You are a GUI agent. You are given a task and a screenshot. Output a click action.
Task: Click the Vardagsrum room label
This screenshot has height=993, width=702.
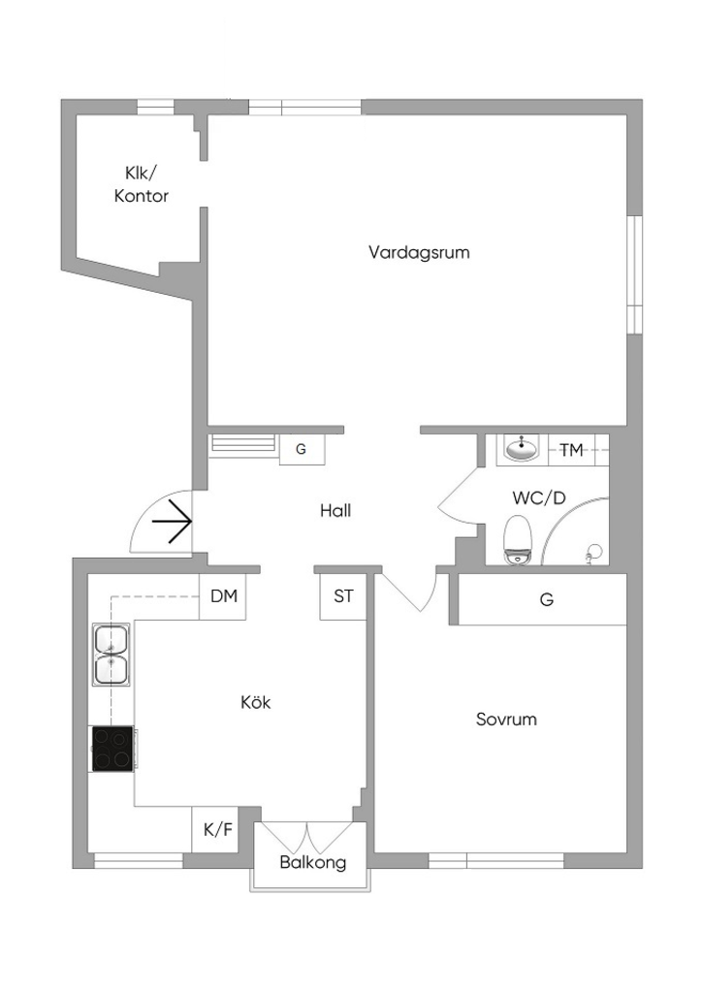(419, 252)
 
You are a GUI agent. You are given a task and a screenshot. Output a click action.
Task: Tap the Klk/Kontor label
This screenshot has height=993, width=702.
(142, 184)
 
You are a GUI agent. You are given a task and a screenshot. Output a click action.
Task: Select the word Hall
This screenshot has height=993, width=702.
(335, 510)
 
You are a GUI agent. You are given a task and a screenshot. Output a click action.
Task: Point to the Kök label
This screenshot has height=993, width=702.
(255, 702)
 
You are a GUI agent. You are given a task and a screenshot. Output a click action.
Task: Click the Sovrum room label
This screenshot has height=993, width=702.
(506, 720)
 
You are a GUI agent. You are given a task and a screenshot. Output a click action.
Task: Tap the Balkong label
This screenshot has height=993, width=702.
(312, 862)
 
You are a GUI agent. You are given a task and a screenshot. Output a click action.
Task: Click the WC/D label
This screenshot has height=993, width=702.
(538, 497)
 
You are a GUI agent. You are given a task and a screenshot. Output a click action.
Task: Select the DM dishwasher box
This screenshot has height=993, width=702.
(223, 596)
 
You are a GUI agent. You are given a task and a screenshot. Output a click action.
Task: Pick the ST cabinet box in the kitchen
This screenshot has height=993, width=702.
(343, 596)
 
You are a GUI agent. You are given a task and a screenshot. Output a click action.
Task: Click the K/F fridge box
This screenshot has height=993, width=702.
(217, 829)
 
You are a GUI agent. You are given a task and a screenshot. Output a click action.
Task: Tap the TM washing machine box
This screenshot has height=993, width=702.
(571, 450)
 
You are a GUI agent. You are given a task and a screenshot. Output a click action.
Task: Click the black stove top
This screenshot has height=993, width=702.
(112, 749)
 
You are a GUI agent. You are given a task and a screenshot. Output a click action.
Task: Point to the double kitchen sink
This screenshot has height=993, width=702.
(112, 655)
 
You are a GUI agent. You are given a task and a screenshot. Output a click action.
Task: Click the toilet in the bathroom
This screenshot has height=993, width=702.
(518, 538)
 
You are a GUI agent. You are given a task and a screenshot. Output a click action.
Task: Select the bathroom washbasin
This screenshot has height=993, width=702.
(523, 449)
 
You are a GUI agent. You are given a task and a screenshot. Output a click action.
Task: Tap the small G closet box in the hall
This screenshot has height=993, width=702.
(301, 449)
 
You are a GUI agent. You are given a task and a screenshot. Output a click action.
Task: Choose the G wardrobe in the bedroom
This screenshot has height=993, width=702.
(547, 600)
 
